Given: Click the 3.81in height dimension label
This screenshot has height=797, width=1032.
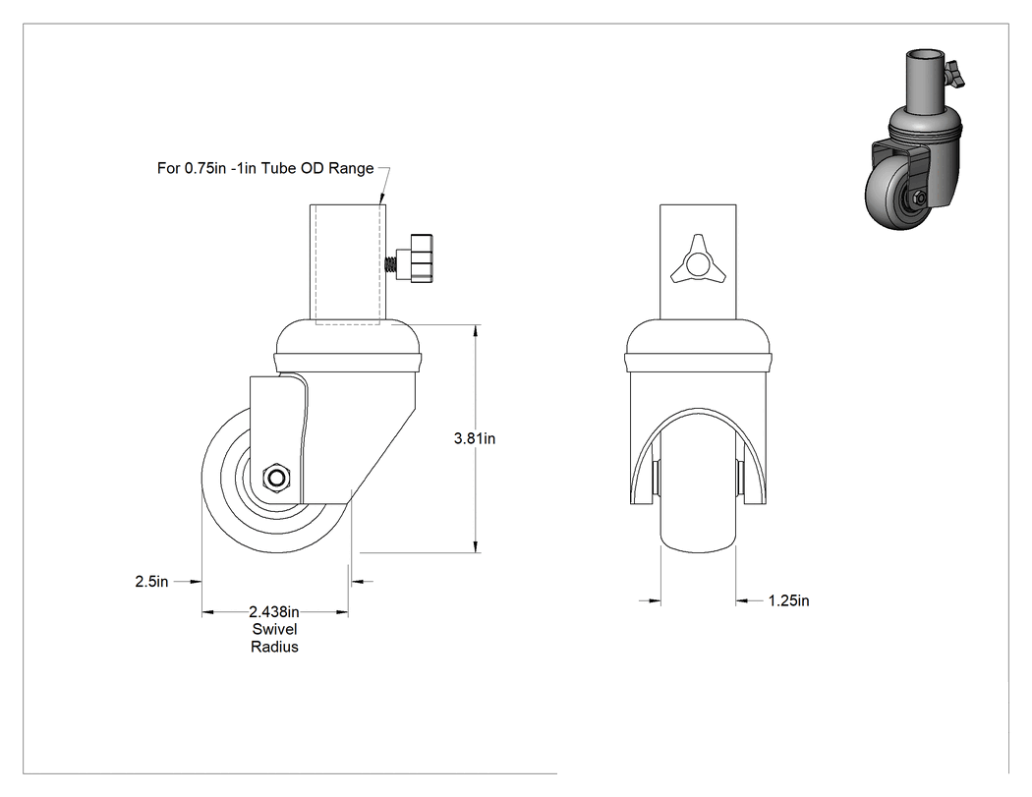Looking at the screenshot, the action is [475, 438].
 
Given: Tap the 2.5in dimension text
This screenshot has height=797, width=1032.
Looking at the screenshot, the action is [151, 581].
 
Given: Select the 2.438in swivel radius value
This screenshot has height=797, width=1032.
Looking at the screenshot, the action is [274, 612].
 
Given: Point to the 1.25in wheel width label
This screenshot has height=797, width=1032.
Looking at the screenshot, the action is [788, 600].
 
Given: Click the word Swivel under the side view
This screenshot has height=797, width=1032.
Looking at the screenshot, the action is [274, 629].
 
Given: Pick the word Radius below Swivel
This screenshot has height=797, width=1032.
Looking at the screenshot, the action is [274, 647].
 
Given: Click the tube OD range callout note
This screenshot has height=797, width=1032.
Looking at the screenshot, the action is [265, 168].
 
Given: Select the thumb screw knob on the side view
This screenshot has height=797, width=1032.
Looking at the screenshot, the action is [422, 257].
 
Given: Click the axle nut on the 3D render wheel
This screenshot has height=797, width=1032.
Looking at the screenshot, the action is [920, 198].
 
